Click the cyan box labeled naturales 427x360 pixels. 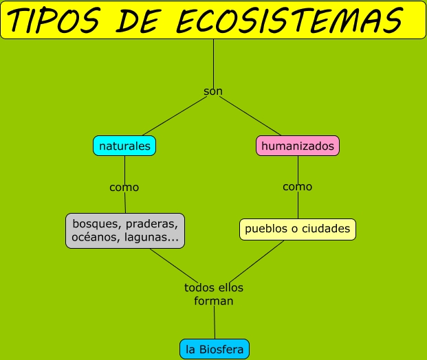pos(124,146)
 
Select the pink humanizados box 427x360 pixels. pos(298,146)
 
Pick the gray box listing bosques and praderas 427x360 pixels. pos(125,231)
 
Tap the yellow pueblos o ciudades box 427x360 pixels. pos(298,229)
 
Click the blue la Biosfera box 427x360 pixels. pos(214,349)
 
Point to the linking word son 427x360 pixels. pos(213,91)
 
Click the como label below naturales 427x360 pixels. pos(124,187)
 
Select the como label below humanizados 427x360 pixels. pos(298,186)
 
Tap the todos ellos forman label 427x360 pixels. pos(214,294)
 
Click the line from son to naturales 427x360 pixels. pos(172,116)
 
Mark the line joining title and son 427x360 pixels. pos(213,62)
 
